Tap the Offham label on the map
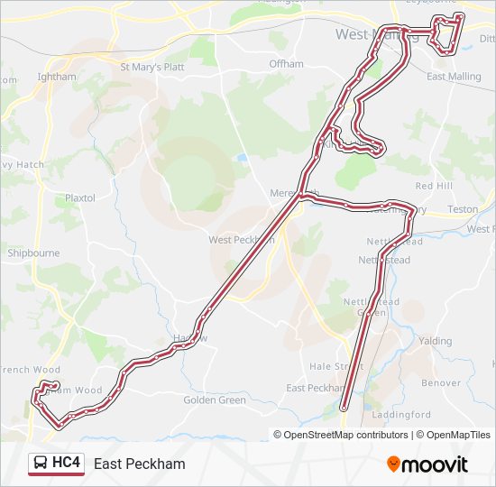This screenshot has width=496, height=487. (x=286, y=64)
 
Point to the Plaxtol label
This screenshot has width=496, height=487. (x=79, y=198)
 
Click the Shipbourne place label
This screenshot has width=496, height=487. (x=33, y=253)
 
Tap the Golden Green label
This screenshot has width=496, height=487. (x=215, y=400)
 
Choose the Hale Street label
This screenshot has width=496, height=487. (x=336, y=366)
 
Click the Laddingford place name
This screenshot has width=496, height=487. (x=405, y=415)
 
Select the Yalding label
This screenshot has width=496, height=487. (x=435, y=341)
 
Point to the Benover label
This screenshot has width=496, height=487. (x=441, y=382)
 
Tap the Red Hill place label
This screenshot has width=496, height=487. (x=433, y=185)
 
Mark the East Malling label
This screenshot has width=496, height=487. (x=454, y=77)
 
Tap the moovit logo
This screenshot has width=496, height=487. (x=427, y=464)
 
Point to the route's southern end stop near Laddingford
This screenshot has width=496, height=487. (x=344, y=409)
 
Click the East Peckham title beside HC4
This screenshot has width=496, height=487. (x=139, y=464)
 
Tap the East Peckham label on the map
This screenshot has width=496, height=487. (x=312, y=388)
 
